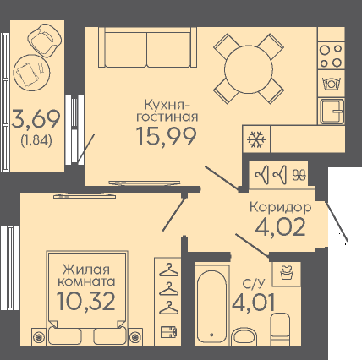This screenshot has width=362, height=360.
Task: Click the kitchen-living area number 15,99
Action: tap(167, 136)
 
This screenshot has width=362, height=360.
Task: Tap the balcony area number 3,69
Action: tap(36, 119)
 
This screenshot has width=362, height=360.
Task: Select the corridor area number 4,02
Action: tap(280, 226)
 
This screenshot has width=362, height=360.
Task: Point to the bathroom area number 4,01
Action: tap(253, 302)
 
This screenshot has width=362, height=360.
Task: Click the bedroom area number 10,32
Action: tap(86, 301)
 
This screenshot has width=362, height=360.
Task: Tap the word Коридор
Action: tap(281, 208)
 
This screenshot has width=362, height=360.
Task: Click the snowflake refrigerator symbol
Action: tap(256, 139)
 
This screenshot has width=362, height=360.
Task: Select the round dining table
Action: tap(249, 69)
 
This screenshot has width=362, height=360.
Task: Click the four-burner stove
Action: tap(331, 56)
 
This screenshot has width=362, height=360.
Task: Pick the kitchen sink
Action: tap(332, 112)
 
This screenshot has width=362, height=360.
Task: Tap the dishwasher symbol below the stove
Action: tap(332, 84)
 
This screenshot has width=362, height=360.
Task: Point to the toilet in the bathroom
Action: tap(280, 330)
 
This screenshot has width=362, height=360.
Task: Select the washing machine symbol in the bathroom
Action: tap(287, 272)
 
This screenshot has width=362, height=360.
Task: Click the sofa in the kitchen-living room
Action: tap(147, 47)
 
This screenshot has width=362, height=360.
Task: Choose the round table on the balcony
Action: tap(31, 73)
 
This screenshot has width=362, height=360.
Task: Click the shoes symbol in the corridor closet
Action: tap(299, 174)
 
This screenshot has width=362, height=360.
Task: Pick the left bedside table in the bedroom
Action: tap(39, 335)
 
